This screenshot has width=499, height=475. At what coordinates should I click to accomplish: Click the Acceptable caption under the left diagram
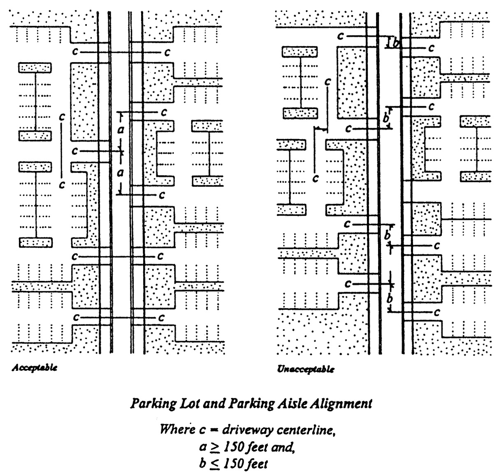35,368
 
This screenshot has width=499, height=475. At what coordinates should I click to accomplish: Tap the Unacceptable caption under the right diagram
306,369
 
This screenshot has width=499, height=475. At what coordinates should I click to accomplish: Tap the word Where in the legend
177,430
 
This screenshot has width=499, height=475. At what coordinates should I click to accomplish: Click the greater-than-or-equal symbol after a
216,447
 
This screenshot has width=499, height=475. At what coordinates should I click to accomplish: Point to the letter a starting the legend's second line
203,447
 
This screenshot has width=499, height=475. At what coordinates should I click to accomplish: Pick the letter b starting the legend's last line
203,464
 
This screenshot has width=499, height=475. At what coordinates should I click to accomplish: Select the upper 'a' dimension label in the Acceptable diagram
121,130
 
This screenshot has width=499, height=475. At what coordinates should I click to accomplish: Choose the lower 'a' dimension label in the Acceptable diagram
120,173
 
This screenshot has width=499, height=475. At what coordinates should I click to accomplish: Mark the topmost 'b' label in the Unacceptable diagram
395,44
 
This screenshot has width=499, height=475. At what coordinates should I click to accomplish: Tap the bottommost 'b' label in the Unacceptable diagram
390,298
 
